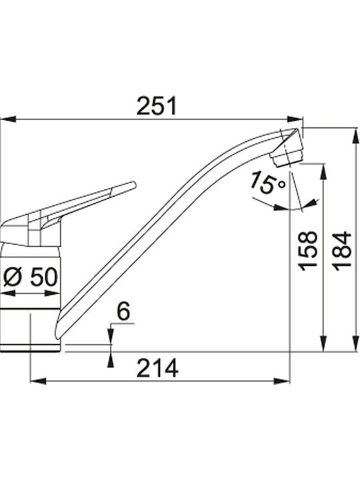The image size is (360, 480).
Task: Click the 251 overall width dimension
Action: pyautogui.click(x=157, y=106)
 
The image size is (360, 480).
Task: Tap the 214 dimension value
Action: pyautogui.click(x=157, y=368)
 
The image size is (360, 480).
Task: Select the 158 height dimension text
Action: pyautogui.click(x=308, y=251)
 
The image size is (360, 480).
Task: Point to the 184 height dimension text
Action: pyautogui.click(x=342, y=251)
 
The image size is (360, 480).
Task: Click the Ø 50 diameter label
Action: pyautogui.click(x=30, y=277)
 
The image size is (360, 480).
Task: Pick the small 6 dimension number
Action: pyautogui.click(x=124, y=311)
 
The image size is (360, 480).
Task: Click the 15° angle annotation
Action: pyautogui.click(x=267, y=183)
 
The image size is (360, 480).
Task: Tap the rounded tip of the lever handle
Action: pyautogui.click(x=133, y=185)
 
